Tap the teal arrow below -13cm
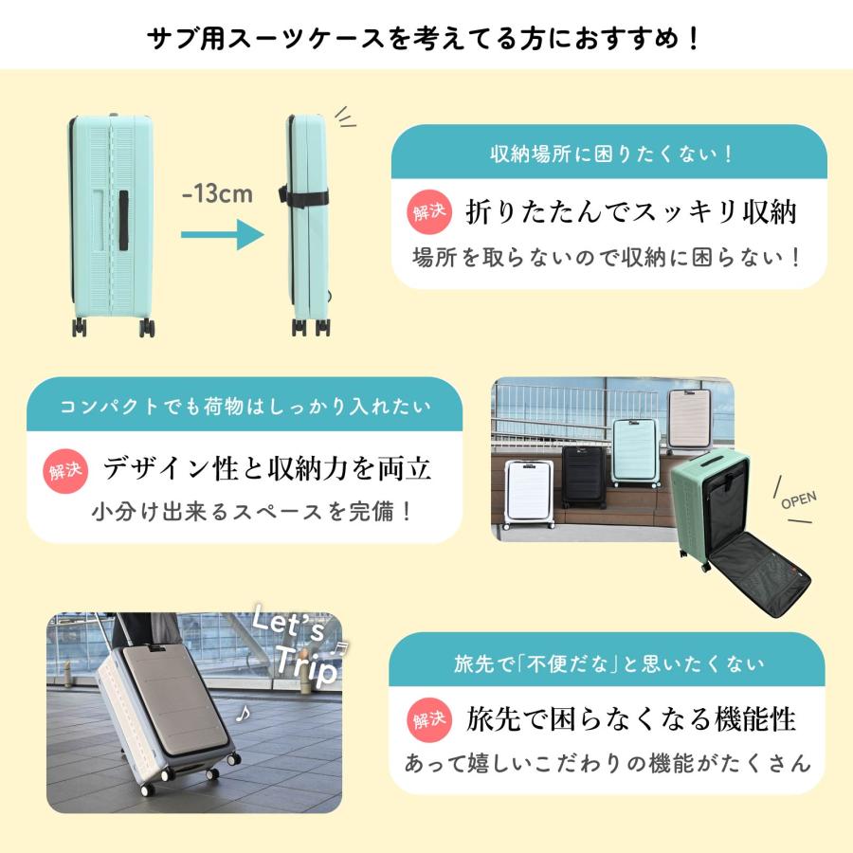(221, 233)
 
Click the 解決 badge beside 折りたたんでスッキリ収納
(430, 210)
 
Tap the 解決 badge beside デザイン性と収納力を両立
(68, 467)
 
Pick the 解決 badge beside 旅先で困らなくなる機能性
(430, 719)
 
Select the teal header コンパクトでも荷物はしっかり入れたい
(245, 407)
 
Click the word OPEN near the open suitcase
(798, 499)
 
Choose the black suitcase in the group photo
(583, 477)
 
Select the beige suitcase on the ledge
(690, 421)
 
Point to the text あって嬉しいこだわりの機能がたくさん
(608, 762)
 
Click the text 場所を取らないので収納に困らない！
(608, 256)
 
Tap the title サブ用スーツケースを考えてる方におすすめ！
(426, 39)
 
